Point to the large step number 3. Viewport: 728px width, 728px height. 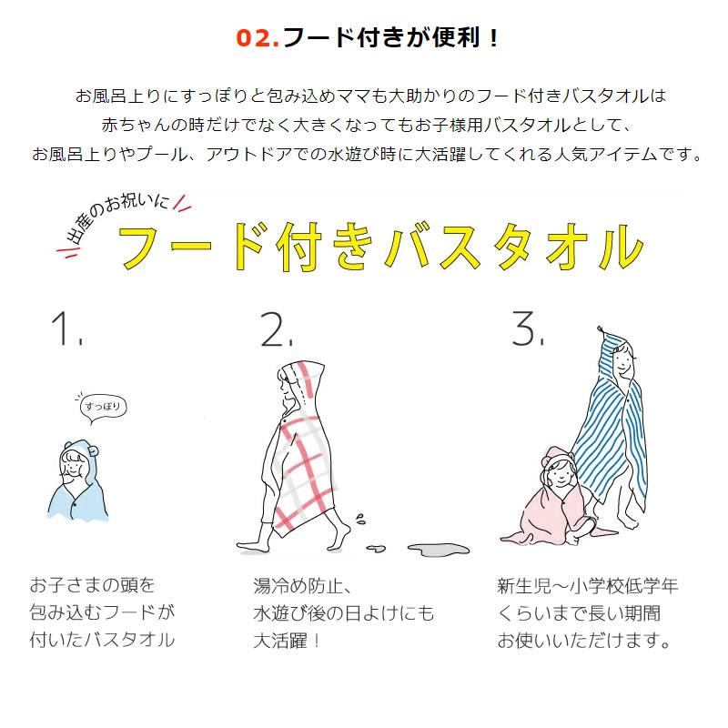[x=527, y=329]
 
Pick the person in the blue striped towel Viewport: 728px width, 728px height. [x=619, y=428]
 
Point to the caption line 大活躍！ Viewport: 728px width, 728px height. [x=288, y=642]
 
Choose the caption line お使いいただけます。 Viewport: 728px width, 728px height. [x=584, y=642]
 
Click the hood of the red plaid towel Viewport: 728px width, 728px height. [x=303, y=378]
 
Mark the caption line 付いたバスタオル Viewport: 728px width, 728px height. [x=101, y=642]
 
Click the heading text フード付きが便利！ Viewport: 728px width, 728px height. [x=391, y=38]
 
